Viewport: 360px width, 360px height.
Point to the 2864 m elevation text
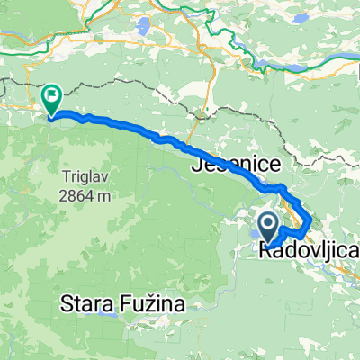86,194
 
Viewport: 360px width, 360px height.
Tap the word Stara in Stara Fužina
88,305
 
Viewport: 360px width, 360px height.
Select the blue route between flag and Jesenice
135,129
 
